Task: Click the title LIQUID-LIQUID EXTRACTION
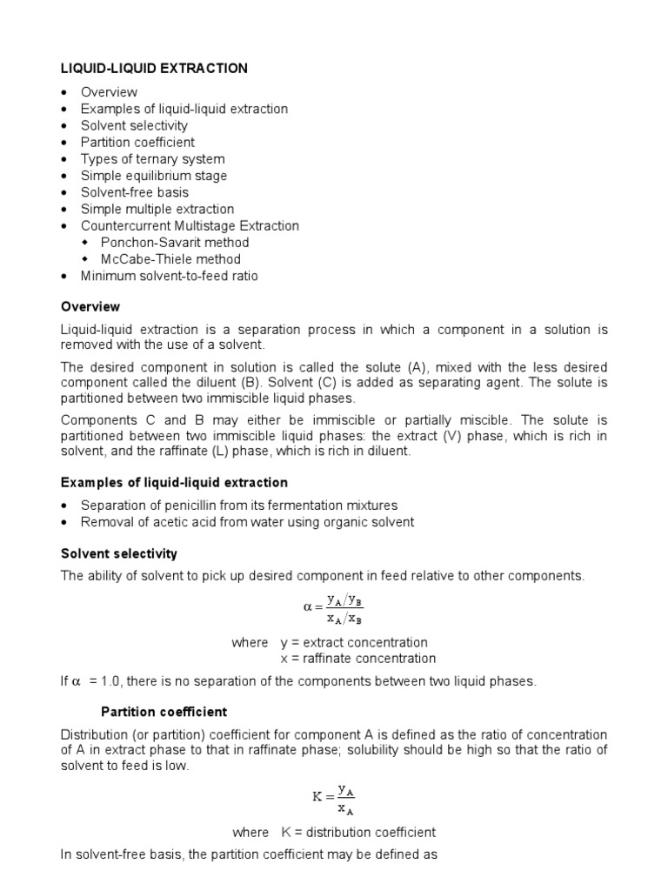coord(153,68)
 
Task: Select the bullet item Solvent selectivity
coord(134,125)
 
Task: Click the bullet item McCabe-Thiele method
coord(170,258)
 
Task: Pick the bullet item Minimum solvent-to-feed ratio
coord(169,276)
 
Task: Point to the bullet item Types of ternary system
coord(152,158)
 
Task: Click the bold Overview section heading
coord(90,306)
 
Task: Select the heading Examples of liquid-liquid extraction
coord(174,482)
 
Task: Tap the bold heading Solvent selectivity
coord(118,553)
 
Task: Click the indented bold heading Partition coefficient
coord(164,711)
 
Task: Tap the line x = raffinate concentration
coord(357,659)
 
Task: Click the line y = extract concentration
coord(353,642)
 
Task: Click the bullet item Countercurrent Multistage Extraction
coord(190,225)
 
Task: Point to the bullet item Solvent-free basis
coord(134,192)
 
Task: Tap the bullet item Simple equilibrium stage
coord(154,176)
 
